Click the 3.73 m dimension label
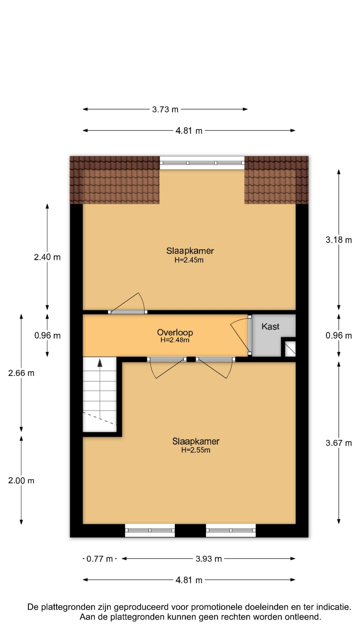(x=165, y=109)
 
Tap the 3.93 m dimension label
(x=209, y=559)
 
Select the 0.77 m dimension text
(x=99, y=559)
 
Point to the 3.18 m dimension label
(x=339, y=240)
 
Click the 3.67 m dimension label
(x=339, y=443)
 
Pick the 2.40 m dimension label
(x=47, y=257)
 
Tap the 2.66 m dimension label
(x=21, y=373)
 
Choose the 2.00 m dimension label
(x=21, y=480)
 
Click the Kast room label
(x=270, y=326)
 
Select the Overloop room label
(x=175, y=332)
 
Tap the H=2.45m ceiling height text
(x=189, y=260)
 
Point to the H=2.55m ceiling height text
(x=196, y=450)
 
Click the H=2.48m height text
(x=175, y=340)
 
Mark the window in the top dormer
(x=202, y=163)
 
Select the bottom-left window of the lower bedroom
(x=150, y=530)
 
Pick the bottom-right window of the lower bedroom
(x=231, y=530)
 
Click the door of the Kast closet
(x=249, y=335)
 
